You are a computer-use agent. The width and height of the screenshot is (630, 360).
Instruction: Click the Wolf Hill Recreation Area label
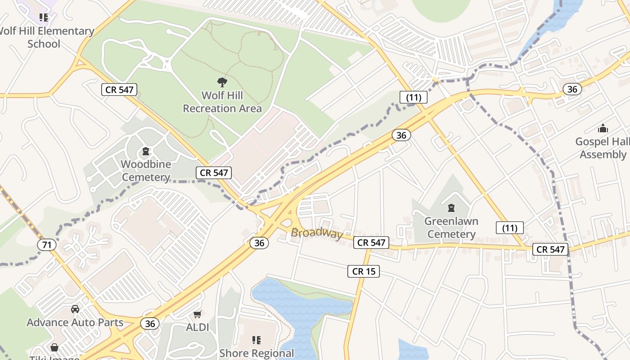tap(222, 102)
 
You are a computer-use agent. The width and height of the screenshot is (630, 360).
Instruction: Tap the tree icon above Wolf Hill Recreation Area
tap(222, 82)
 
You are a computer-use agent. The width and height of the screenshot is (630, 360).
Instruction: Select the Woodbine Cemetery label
tap(146, 171)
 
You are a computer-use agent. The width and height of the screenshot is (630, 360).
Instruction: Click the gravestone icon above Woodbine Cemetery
tap(146, 151)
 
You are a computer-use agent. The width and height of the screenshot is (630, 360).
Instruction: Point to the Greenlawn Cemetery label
tap(451, 228)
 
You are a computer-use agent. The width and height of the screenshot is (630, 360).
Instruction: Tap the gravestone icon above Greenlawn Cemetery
tap(451, 208)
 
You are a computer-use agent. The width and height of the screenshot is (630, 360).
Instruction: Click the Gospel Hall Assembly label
tap(603, 148)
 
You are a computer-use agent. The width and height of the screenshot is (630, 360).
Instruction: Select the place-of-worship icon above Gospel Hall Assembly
tap(603, 129)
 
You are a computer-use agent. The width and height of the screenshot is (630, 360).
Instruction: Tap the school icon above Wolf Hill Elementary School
tap(44, 18)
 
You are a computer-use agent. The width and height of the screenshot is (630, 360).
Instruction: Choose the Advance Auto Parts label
tap(75, 323)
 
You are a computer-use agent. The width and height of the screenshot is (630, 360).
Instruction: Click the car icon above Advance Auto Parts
tap(75, 309)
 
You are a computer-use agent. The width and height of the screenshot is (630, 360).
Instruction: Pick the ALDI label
tap(198, 327)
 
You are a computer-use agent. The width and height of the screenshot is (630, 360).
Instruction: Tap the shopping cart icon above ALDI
tap(198, 314)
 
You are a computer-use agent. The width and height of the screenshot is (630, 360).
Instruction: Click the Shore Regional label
tap(256, 353)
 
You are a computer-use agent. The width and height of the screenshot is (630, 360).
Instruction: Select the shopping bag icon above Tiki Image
tap(54, 347)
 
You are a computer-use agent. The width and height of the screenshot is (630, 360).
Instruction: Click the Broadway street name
tap(317, 233)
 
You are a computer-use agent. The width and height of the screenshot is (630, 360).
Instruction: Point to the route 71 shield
tap(47, 245)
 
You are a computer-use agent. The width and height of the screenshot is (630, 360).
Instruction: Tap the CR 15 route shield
tap(364, 271)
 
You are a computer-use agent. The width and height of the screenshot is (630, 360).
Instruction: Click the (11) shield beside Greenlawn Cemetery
tap(510, 228)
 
